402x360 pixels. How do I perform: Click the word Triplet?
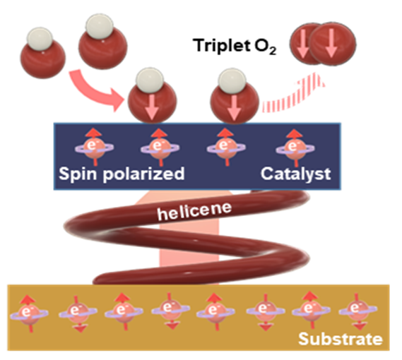coord(222,45)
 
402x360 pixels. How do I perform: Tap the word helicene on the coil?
coord(194,211)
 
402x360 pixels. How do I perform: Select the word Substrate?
coord(341,339)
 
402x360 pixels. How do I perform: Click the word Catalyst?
coord(295,174)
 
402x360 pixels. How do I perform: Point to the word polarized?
coord(143,174)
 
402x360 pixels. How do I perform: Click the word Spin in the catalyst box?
coord(78,174)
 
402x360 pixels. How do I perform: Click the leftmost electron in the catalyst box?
coord(95,148)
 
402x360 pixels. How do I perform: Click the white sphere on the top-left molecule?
coord(40,40)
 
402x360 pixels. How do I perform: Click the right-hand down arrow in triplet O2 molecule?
coord(331,42)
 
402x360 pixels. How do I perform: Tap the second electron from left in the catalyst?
coord(160,148)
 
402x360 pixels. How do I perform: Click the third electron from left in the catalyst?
coord(226,148)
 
